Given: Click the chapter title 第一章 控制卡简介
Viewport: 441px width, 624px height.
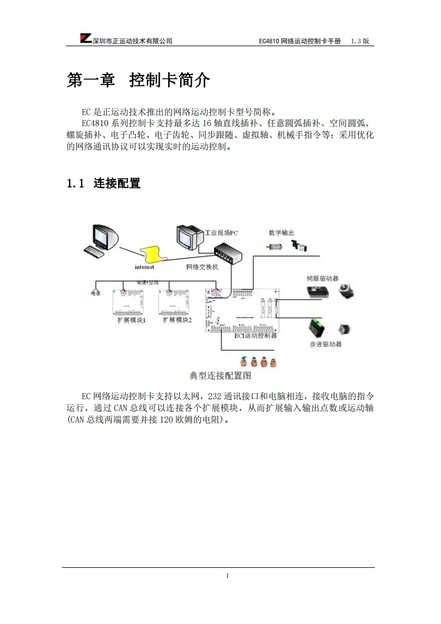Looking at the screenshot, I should (138, 81).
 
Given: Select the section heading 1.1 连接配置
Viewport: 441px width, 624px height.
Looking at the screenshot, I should (103, 183).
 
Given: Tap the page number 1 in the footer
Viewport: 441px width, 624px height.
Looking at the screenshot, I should (227, 576).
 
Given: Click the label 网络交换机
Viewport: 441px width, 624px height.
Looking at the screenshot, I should (202, 267).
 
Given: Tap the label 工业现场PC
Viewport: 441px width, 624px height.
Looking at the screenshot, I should (221, 233).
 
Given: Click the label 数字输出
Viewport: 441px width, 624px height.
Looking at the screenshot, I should (281, 233).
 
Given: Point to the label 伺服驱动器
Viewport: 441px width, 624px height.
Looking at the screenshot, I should (323, 278).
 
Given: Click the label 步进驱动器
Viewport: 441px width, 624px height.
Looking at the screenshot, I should (326, 344).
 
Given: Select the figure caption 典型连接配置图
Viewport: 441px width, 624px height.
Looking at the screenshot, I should (221, 376).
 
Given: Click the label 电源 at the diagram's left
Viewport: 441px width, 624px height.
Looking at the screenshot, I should (96, 291).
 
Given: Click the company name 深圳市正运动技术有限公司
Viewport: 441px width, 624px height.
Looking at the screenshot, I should (132, 41).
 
